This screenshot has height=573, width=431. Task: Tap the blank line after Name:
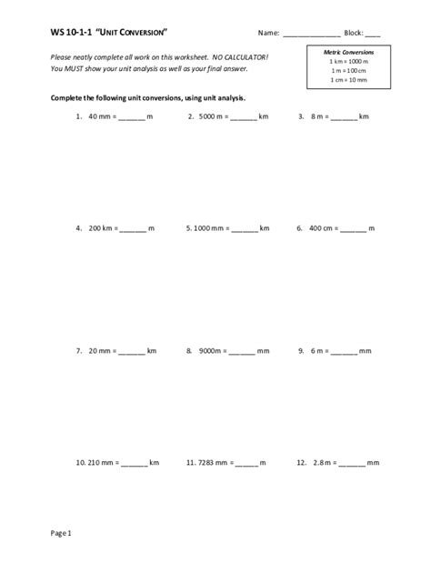(311, 35)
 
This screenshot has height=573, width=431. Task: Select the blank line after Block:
(373, 35)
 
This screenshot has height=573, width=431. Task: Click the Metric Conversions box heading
(348, 53)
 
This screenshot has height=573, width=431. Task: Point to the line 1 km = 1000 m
(348, 62)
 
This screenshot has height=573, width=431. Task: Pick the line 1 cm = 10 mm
(348, 80)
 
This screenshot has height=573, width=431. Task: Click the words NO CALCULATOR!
(241, 57)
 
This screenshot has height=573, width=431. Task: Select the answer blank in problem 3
(344, 117)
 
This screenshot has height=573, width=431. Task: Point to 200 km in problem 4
(99, 229)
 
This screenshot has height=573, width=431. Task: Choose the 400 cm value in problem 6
(321, 229)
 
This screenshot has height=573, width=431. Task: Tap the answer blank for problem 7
(132, 351)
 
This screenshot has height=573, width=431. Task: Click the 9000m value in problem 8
(211, 350)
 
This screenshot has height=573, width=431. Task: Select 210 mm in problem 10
(99, 463)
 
